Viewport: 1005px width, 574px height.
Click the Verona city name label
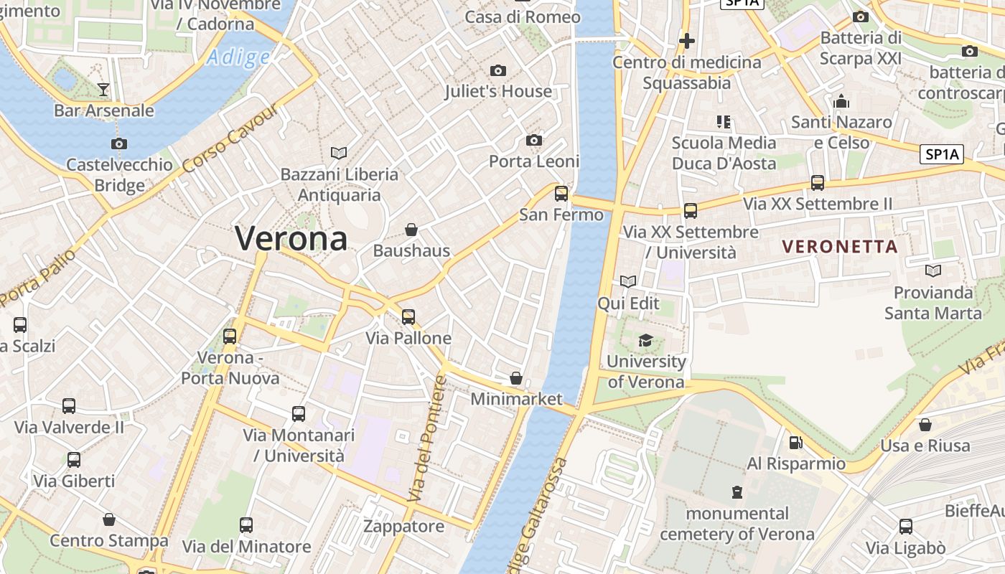[291, 238]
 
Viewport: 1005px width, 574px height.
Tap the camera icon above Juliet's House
[498, 70]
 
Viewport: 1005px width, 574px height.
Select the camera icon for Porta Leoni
[533, 140]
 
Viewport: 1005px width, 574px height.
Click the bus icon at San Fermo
[561, 193]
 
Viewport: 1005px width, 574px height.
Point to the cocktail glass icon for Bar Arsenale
[103, 89]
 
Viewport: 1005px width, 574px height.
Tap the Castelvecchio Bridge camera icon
[119, 143]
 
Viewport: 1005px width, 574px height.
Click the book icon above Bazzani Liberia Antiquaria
[339, 153]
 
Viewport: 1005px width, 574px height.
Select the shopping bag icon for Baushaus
[411, 230]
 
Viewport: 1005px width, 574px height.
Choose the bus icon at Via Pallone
[408, 316]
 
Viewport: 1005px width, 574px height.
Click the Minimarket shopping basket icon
[515, 377]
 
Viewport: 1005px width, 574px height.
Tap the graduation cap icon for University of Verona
[646, 340]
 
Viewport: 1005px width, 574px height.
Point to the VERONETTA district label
[840, 247]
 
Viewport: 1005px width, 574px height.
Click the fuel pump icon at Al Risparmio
[795, 443]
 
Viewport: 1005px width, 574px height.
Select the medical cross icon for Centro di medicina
[687, 41]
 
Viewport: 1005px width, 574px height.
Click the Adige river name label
[238, 57]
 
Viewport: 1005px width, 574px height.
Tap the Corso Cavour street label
[230, 138]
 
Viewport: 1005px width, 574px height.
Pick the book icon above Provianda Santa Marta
[932, 271]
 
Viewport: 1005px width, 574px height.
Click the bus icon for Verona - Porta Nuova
[230, 336]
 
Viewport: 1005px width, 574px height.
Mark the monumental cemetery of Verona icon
[737, 492]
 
